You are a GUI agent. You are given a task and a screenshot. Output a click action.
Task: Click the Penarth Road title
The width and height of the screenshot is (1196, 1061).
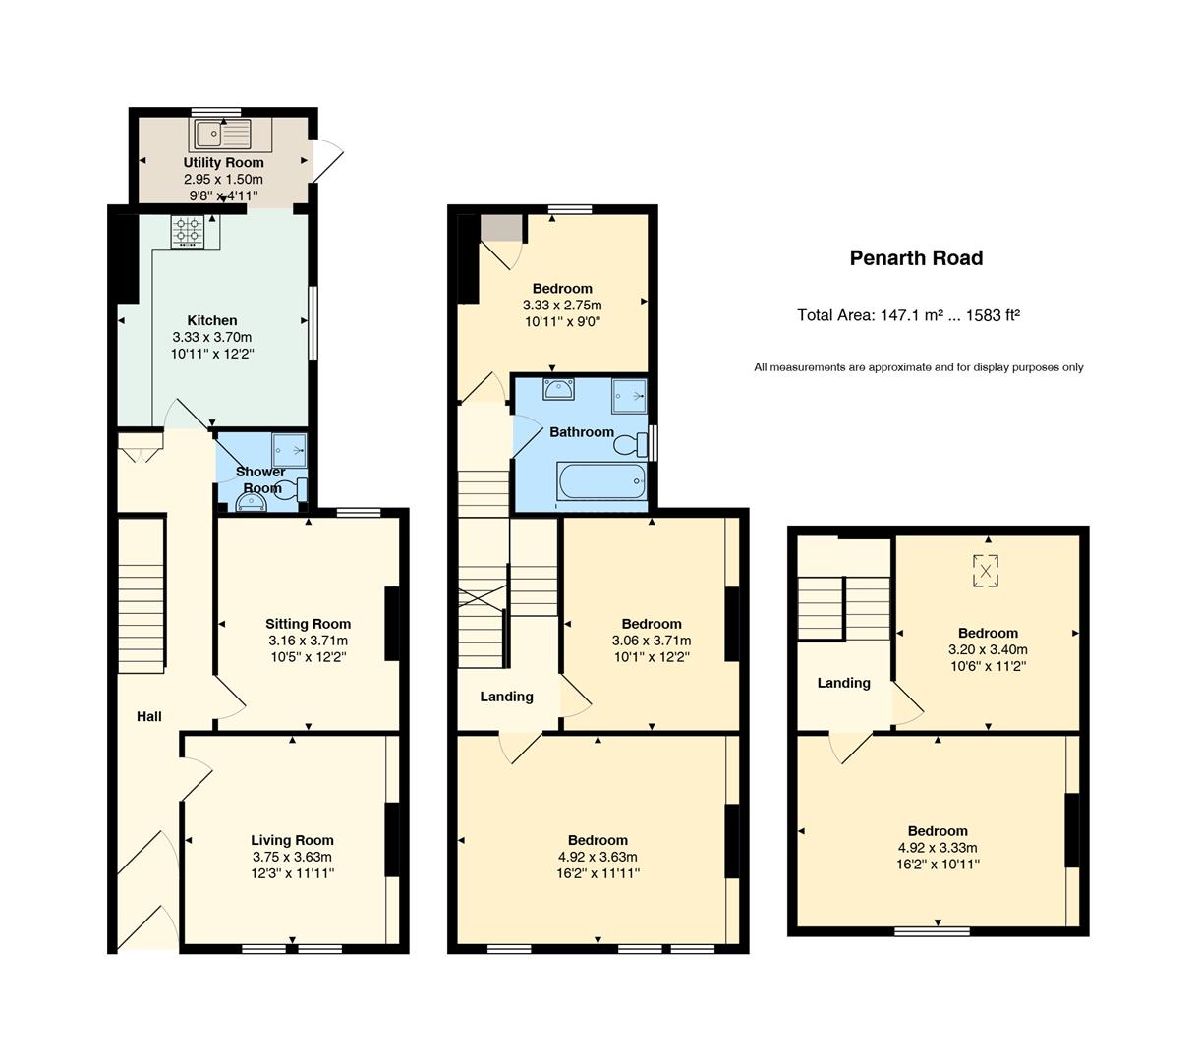916,258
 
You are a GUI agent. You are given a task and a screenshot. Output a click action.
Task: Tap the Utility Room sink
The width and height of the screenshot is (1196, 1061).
223,135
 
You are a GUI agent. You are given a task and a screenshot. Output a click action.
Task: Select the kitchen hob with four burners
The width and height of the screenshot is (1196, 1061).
188,231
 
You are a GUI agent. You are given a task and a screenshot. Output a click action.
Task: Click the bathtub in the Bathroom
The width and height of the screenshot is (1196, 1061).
601,481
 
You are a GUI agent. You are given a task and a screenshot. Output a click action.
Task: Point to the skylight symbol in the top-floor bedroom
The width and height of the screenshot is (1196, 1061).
986,571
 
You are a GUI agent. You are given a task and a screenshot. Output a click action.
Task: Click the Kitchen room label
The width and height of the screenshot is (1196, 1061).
212,320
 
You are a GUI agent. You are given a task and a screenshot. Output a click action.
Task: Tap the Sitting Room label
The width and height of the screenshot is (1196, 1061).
308,624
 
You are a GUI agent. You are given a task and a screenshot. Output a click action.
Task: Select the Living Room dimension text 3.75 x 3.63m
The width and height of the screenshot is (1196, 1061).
292,857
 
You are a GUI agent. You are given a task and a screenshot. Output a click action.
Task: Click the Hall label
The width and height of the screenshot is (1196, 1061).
148,716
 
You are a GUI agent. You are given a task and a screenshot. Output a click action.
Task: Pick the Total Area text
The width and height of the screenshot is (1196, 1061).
908,315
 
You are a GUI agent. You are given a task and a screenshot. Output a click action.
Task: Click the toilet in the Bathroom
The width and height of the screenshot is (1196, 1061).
631,444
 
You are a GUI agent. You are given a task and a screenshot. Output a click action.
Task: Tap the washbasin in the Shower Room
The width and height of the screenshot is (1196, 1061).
252,503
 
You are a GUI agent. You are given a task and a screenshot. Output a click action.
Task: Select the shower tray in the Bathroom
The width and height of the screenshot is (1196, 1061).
629,397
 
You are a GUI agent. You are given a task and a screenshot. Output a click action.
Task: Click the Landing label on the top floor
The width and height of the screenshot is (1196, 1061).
843,683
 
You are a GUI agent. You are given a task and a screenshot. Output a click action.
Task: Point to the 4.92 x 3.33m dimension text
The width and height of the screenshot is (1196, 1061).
938,848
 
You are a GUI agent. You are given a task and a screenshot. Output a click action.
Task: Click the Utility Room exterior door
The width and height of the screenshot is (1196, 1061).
328,160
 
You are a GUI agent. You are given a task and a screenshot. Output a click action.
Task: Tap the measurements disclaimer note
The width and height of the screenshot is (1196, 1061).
918,367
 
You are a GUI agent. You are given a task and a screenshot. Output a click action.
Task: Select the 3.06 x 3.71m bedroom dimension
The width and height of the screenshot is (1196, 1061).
652,641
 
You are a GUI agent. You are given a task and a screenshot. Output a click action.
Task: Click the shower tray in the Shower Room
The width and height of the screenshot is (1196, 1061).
289,451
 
